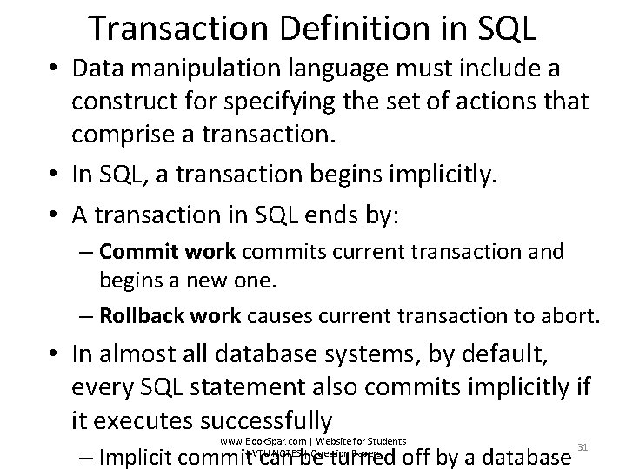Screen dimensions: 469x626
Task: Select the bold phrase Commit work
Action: coord(168,253)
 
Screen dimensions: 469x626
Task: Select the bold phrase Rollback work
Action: coord(170,314)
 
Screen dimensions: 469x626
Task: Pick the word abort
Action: coord(570,314)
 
